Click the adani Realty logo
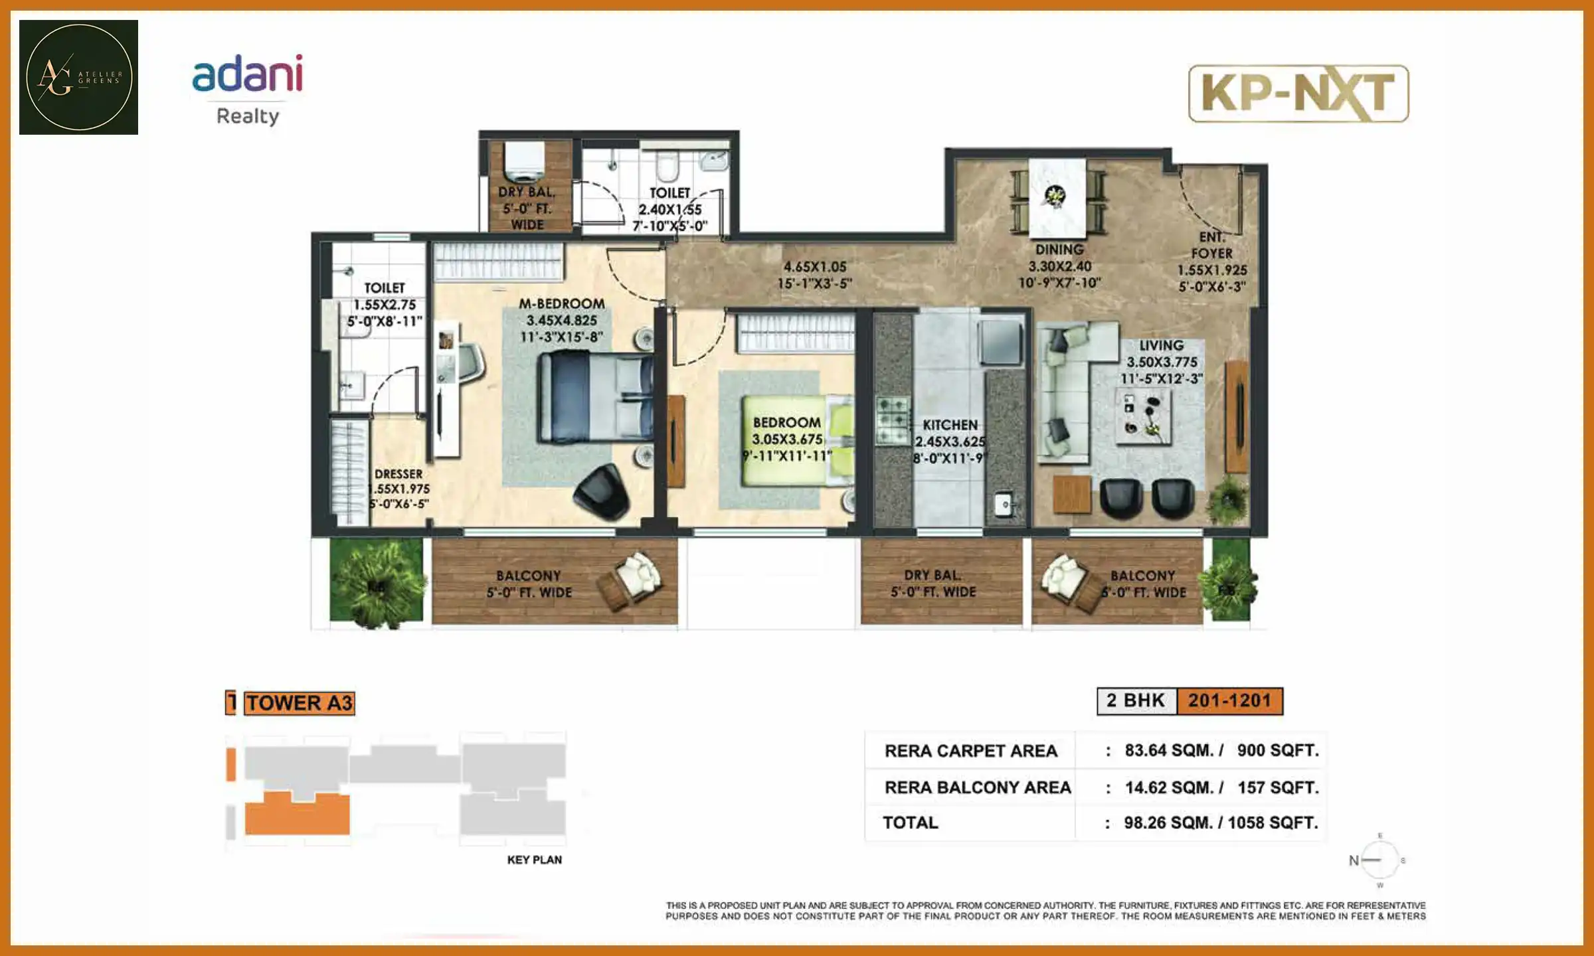coord(248,90)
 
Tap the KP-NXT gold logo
coord(1298,94)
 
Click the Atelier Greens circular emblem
coord(78,77)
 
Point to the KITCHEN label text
coord(950,425)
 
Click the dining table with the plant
coord(1057,198)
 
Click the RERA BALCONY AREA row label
coord(977,787)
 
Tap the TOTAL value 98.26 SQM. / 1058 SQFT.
coord(1220,823)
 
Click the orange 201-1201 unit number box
coord(1229,700)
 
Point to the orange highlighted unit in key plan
coord(297,815)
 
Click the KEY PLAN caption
coord(534,860)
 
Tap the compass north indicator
coord(1354,860)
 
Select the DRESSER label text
coord(398,474)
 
